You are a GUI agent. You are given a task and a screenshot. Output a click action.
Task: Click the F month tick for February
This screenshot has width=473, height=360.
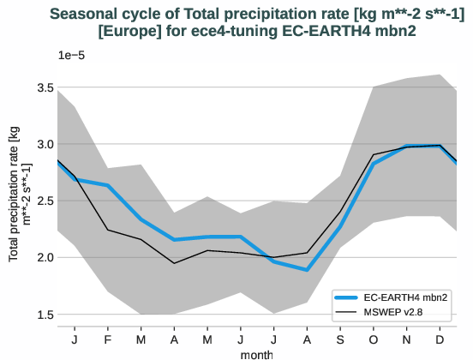(108, 339)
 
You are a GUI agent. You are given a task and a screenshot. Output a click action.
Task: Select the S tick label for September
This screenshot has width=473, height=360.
(340, 339)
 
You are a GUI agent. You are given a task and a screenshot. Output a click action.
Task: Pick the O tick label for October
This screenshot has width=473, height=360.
(374, 339)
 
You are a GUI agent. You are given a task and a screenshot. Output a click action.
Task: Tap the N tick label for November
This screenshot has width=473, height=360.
(407, 339)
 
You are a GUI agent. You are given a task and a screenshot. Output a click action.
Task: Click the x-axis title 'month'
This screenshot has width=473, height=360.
(257, 353)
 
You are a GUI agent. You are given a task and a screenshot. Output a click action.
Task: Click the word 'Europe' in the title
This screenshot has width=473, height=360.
(127, 31)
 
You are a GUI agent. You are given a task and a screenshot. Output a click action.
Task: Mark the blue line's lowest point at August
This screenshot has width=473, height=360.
(307, 270)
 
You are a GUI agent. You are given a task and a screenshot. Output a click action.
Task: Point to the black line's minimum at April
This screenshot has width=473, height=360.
(174, 263)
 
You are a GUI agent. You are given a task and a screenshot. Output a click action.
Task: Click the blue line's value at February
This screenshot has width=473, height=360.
(108, 185)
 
